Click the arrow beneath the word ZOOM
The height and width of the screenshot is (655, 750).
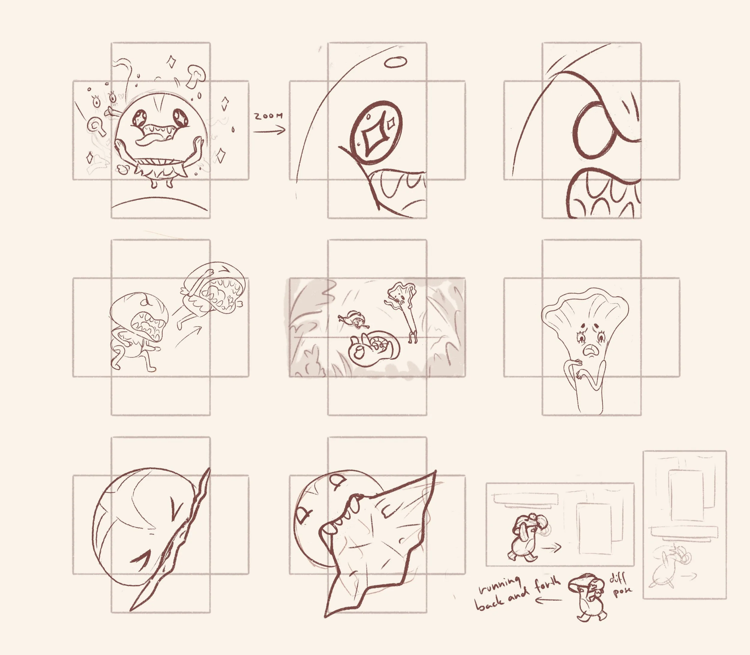(x=269, y=130)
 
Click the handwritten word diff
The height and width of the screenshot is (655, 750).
(x=618, y=578)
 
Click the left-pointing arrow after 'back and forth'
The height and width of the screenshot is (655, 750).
(x=548, y=600)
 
